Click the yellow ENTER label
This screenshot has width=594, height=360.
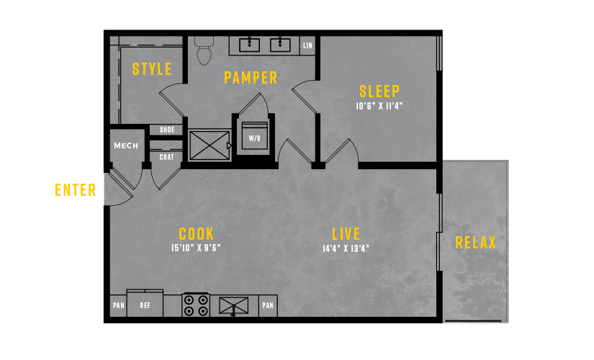76,190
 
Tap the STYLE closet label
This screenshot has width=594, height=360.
152,69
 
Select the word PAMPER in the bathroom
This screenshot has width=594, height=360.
251,78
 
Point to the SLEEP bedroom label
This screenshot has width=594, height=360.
379,91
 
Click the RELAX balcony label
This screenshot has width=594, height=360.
475,243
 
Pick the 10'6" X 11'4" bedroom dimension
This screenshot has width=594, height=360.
379,106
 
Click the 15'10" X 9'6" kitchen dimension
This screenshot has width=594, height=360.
196,248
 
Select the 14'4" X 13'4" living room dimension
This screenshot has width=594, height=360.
346,248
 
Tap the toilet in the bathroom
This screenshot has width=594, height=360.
204,50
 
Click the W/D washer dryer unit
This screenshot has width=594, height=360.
255,136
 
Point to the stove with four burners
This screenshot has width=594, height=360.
196,305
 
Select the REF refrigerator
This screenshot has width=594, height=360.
145,303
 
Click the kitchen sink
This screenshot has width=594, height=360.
234,306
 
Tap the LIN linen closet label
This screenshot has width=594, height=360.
307,45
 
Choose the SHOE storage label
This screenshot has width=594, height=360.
167,130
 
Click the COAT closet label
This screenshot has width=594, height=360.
167,157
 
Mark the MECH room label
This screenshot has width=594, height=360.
126,145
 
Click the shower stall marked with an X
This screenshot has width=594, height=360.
210,145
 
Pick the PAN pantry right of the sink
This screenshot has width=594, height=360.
268,305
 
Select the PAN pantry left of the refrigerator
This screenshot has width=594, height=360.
119,305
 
